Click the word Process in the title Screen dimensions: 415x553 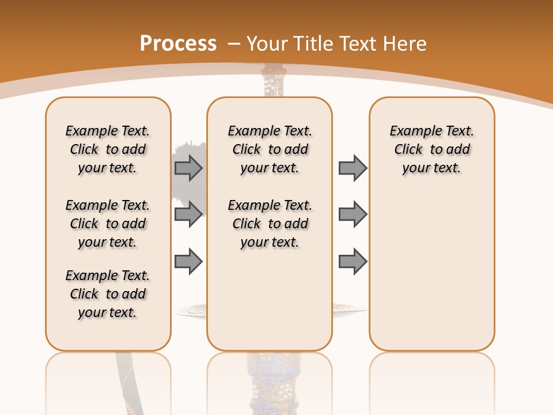point(178,43)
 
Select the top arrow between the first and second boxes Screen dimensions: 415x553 point(188,168)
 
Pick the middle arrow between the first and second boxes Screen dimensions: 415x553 point(188,214)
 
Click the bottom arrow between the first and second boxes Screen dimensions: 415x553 point(188,262)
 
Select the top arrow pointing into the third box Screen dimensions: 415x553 point(353,168)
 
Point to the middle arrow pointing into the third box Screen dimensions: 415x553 point(353,214)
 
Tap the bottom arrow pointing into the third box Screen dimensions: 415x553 point(353,262)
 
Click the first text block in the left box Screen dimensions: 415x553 point(108,149)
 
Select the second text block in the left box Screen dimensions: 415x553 point(108,224)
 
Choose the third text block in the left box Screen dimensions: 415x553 point(108,294)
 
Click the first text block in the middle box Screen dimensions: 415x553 point(270,149)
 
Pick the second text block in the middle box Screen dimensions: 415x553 point(270,224)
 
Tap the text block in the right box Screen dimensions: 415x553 point(432,149)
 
